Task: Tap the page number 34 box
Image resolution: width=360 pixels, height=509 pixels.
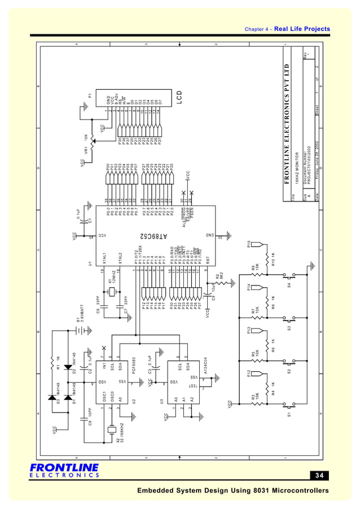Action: pyautogui.click(x=319, y=475)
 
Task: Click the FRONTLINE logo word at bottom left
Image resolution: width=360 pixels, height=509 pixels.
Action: pyautogui.click(x=64, y=468)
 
